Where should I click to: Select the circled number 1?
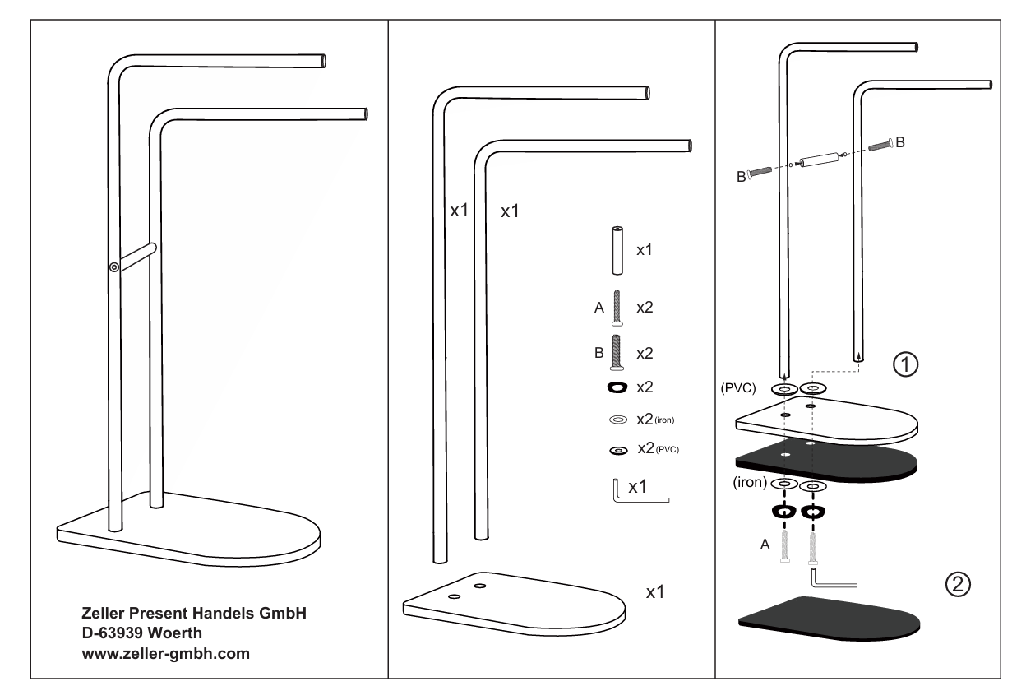tap(906, 363)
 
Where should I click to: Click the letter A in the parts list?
tap(598, 309)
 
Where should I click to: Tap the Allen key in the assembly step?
tap(832, 580)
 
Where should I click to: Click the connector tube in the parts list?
tap(614, 248)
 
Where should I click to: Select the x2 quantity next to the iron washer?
tap(653, 420)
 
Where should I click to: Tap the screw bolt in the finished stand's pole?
tap(113, 266)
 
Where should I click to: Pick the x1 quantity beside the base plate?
tap(655, 593)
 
